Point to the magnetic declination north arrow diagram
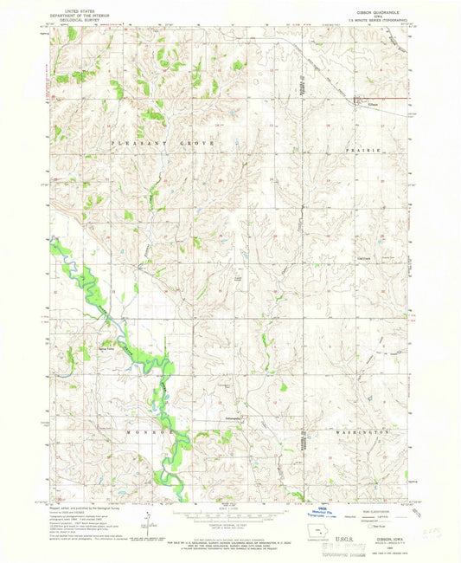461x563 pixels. coord(146,523)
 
